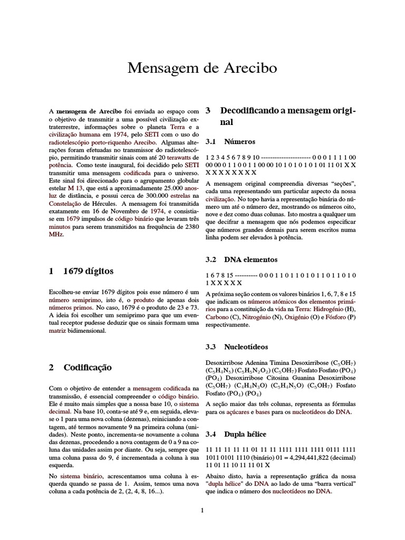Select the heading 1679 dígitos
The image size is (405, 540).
[88, 271]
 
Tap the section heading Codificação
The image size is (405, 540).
[88, 367]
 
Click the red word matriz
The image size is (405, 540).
[57, 331]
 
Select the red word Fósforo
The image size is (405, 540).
[332, 317]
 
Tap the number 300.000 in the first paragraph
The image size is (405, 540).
[151, 196]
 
